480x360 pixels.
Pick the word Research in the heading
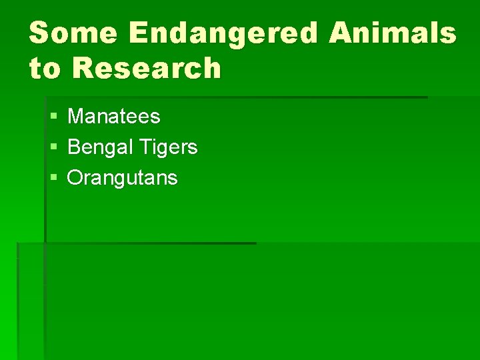coord(146,68)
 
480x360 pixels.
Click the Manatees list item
coord(114,117)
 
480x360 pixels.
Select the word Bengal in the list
coord(98,147)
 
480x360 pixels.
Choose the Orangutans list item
coord(123,178)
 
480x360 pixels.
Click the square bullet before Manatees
coord(53,117)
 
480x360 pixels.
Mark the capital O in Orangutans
coord(76,178)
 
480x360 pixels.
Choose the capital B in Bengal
coord(74,147)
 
